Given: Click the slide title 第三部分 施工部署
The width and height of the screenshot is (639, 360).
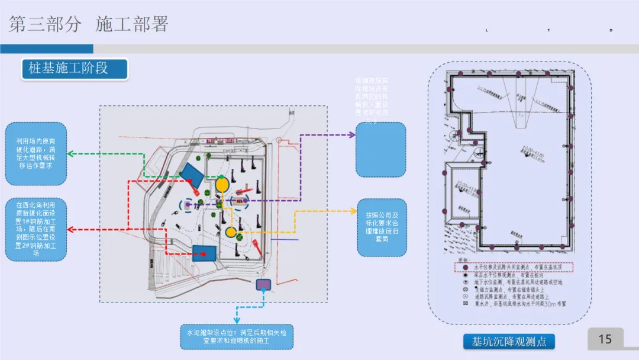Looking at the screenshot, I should pyautogui.click(x=89, y=24).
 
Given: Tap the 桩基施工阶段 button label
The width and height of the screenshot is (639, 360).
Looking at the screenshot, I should pyautogui.click(x=69, y=68).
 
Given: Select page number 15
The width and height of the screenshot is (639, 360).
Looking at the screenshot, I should pyautogui.click(x=605, y=339).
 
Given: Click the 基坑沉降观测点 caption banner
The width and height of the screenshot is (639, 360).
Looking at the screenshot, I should pyautogui.click(x=509, y=342).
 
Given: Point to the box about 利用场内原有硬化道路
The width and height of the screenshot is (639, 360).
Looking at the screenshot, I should pyautogui.click(x=35, y=153).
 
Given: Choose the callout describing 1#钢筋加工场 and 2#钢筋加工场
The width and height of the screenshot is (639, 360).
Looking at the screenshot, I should pyautogui.click(x=35, y=229).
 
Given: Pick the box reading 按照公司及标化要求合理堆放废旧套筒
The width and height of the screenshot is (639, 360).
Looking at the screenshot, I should pyautogui.click(x=382, y=227).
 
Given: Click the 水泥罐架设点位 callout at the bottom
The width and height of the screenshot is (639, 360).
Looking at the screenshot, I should pyautogui.click(x=237, y=336).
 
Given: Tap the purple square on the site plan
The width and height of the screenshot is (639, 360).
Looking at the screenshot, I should pyautogui.click(x=263, y=285).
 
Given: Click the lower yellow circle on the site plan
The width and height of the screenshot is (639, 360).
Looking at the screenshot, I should pyautogui.click(x=231, y=232).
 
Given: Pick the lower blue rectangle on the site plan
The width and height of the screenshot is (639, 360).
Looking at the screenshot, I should pyautogui.click(x=204, y=253).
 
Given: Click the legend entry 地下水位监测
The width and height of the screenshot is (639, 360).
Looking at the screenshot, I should pyautogui.click(x=512, y=282).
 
